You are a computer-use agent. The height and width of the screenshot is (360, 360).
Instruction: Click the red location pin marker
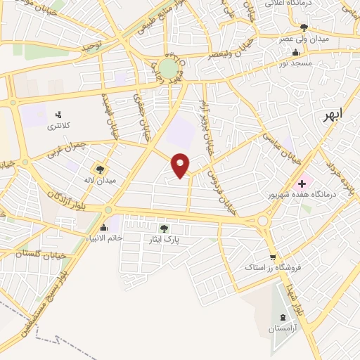(x=181, y=165)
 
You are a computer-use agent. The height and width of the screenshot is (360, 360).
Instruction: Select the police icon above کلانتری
(x=58, y=113)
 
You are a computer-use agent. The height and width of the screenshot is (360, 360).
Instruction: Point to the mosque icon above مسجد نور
(x=296, y=51)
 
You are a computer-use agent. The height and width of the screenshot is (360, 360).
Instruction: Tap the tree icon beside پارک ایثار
(x=164, y=228)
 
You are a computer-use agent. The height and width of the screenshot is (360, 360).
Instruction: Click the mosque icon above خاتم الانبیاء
(x=104, y=227)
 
